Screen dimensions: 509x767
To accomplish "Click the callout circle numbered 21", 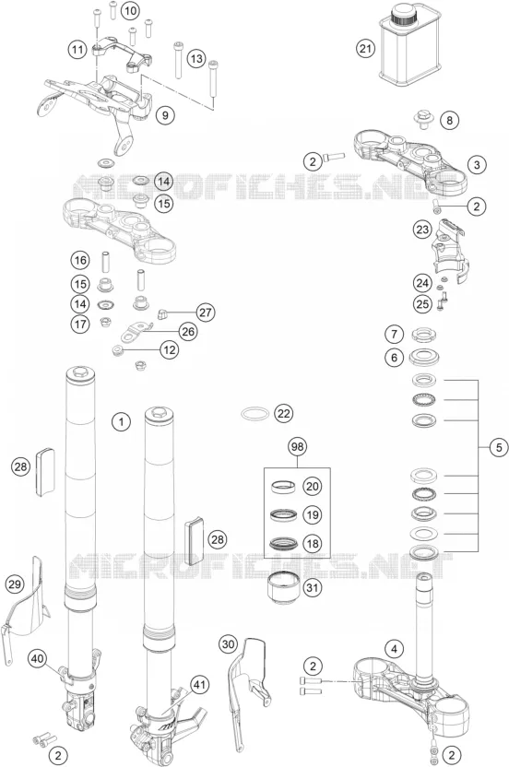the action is click(365, 49).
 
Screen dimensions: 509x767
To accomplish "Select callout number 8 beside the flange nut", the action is click(450, 120).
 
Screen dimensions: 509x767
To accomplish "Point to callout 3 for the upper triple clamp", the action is click(478, 164).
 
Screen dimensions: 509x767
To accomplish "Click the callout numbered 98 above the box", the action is click(297, 446).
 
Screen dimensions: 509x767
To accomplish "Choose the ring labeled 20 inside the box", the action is click(284, 487).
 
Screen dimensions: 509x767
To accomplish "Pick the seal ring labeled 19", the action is click(284, 514).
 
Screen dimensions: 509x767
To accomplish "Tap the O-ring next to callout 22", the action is click(255, 414).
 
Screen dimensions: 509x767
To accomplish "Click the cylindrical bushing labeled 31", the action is click(282, 588).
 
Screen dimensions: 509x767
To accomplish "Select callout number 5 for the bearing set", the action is click(499, 447).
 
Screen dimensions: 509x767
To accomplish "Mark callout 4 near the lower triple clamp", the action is click(394, 650).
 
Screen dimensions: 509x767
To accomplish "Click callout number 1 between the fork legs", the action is click(121, 421).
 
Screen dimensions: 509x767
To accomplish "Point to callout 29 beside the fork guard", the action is click(15, 584).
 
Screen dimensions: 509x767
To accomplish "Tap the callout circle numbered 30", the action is click(229, 644).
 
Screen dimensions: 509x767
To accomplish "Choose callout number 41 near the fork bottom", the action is click(198, 684).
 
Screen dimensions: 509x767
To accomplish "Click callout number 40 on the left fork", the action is click(38, 658).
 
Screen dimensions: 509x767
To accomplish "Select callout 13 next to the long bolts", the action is click(195, 59).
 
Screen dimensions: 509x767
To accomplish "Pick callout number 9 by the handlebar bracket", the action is click(165, 115).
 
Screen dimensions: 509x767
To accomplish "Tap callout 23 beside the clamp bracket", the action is click(422, 230).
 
